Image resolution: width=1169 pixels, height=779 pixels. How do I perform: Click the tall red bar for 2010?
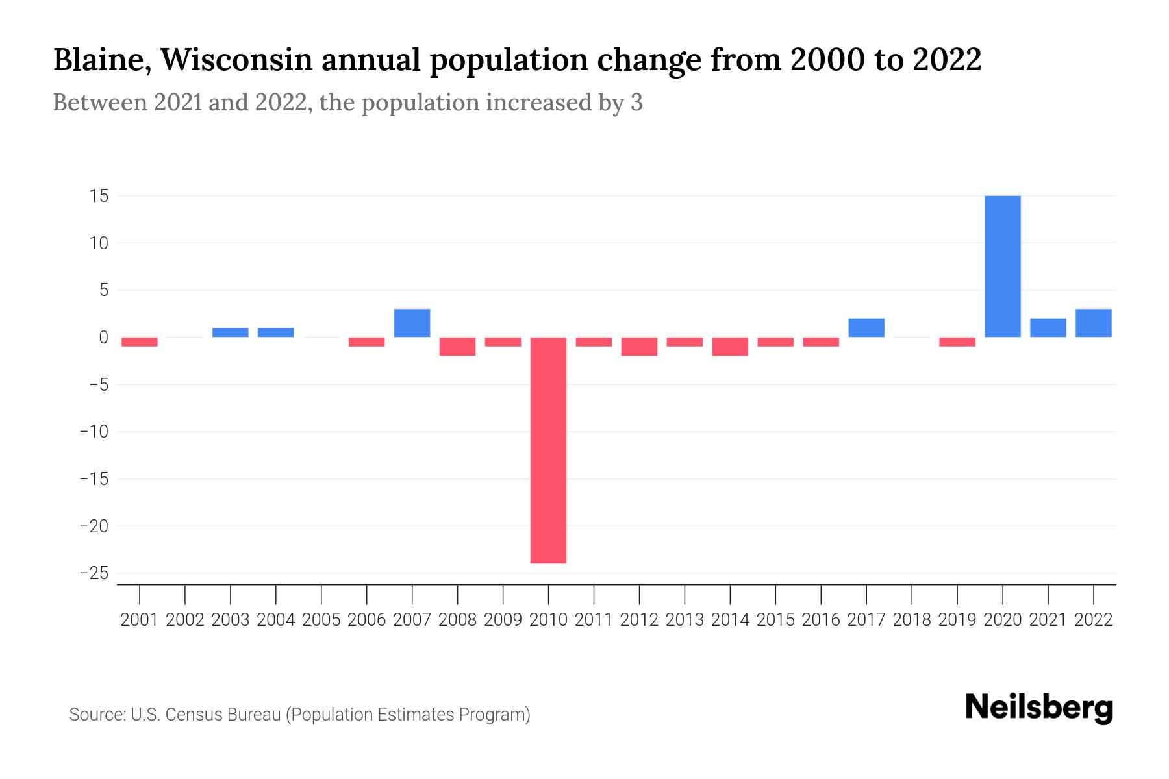coord(548,450)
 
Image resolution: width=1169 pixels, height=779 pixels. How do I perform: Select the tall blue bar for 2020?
coord(1002,266)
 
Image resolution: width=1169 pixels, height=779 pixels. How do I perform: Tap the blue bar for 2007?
coord(412,323)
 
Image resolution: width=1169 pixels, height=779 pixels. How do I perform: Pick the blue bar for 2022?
coord(1093,323)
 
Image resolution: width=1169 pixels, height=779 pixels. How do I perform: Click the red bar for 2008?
coord(457,347)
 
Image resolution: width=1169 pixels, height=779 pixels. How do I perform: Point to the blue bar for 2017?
coord(866,328)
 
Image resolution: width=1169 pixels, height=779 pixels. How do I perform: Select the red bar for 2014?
coord(730,347)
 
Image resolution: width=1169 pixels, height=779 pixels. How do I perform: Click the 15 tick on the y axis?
coord(99,196)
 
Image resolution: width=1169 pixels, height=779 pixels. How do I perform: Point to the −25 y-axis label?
coord(94,573)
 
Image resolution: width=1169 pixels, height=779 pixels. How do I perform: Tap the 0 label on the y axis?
coord(103,338)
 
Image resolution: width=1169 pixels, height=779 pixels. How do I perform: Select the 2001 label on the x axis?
coord(140,620)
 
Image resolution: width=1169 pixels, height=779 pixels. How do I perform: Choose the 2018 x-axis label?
coord(911,620)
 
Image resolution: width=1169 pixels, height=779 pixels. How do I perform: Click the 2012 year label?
coord(639,620)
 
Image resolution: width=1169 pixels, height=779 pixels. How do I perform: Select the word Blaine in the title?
coord(101,60)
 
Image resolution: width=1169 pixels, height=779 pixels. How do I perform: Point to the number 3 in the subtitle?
coord(636,103)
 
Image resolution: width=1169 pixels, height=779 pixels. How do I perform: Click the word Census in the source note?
coord(194,715)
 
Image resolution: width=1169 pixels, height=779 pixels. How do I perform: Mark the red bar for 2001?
coord(140,342)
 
